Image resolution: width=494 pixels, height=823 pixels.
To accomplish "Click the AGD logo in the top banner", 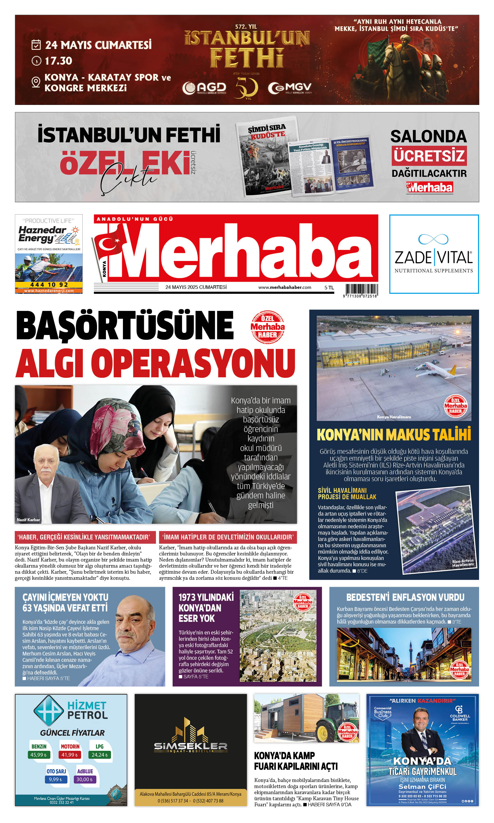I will pos(204,87).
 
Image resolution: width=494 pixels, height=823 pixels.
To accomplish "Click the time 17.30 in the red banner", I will pos(58,61).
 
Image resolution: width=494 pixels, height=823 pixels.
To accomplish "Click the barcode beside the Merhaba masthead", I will pos(361,289).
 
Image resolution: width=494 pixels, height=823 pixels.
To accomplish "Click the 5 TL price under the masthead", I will pos(329,288).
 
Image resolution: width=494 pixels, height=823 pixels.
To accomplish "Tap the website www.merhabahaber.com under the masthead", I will pos(285,287).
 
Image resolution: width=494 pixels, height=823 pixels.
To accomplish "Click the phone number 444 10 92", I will pos(49,285).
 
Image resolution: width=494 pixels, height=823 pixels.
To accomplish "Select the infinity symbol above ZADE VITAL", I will pos(433,239).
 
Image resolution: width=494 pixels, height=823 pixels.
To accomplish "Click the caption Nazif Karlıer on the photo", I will pos(28,519).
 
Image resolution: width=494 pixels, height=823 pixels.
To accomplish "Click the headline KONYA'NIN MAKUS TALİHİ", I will pos(394,434).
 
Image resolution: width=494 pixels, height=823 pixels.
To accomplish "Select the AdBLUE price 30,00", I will pos(85,779).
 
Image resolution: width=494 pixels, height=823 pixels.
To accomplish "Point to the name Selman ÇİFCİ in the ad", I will pos(422,787).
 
